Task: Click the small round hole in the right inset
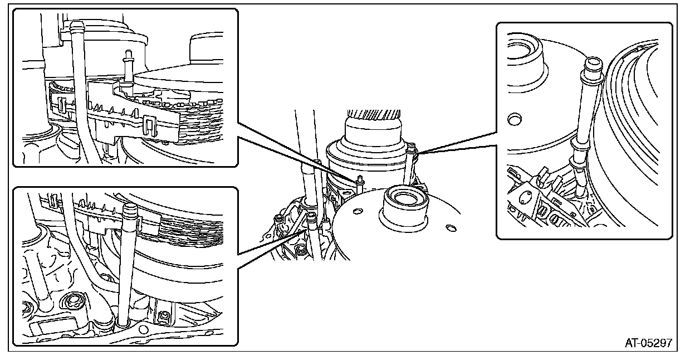tap(514, 119)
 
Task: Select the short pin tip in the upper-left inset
tap(128, 52)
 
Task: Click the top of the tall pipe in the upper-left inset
tap(79, 25)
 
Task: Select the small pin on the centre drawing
tap(360, 179)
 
